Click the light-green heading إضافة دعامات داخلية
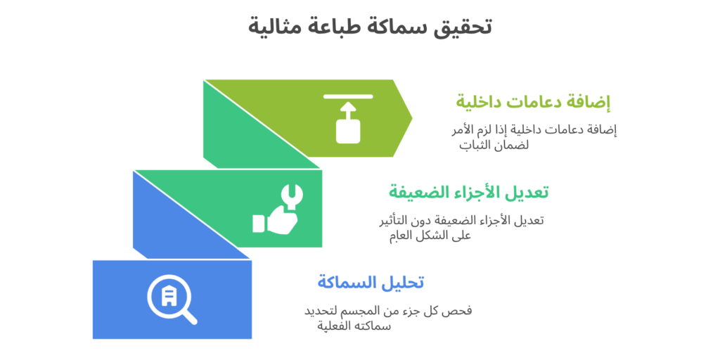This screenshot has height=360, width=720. (533, 102)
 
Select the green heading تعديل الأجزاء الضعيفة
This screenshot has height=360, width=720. (469, 191)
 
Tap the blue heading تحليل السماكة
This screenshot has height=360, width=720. (370, 282)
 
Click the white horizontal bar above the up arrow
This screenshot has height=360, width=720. (348, 97)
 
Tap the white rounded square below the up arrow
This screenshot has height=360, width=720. (348, 131)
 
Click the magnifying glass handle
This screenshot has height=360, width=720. (189, 316)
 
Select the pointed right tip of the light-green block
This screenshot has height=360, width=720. (412, 118)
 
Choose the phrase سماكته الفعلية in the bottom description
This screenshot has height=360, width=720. (354, 326)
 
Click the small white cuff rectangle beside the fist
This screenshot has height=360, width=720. (259, 223)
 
